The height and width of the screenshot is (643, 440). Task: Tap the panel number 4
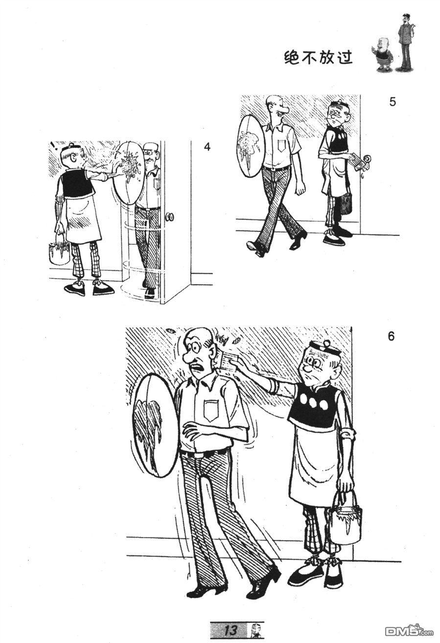(x=207, y=147)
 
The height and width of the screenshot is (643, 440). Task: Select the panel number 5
(x=393, y=102)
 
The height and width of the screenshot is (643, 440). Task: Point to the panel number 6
(x=391, y=337)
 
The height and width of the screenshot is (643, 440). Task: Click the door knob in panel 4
(x=170, y=216)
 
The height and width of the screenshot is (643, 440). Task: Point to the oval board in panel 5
(x=251, y=145)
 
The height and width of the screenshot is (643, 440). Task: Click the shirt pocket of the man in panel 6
(x=211, y=410)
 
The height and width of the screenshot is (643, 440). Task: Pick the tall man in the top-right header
(x=405, y=42)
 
